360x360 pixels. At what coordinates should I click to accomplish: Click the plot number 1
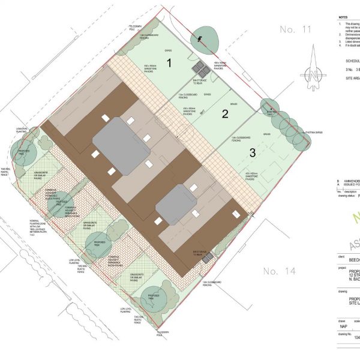pyautogui.click(x=169, y=62)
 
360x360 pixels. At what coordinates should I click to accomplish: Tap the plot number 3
pyautogui.click(x=253, y=153)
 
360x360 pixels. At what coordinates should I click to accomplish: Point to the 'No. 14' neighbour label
pyautogui.click(x=279, y=271)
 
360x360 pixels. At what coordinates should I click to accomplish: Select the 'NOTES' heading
pyautogui.click(x=343, y=19)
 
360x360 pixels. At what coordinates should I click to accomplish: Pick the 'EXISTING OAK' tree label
pyautogui.click(x=272, y=111)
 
